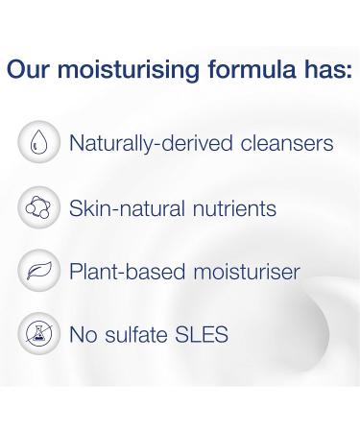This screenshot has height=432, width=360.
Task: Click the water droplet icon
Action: coord(36,145)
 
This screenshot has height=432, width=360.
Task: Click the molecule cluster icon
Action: coord(36,208)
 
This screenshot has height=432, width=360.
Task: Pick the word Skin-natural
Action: coord(118,208)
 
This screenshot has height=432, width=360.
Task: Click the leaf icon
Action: coord(36,272)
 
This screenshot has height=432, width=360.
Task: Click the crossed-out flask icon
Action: coord(36,335)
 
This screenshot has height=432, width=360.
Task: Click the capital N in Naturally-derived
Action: coord(77,145)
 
